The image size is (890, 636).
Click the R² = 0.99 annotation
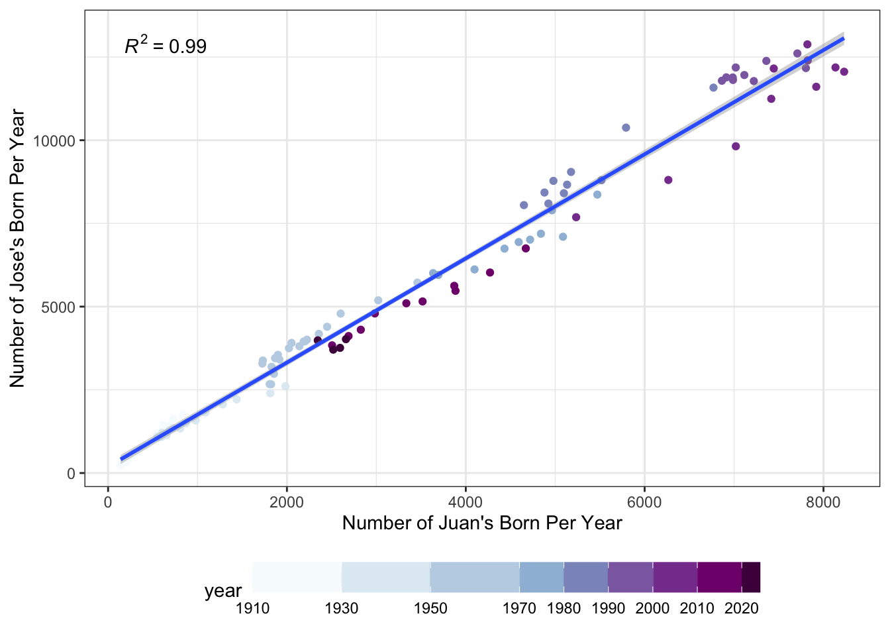click(166, 46)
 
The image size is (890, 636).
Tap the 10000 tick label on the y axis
click(58, 141)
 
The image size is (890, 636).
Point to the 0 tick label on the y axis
click(72, 474)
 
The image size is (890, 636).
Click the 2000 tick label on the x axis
click(287, 502)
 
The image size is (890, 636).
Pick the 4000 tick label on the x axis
click(466, 502)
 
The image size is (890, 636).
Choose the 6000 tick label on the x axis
click(644, 502)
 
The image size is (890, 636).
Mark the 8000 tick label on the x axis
click(823, 502)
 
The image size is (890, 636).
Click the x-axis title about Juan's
click(482, 523)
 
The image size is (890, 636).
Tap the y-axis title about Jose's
click(17, 248)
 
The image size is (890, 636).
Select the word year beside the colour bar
click(223, 590)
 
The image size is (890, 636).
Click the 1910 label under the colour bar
click(252, 608)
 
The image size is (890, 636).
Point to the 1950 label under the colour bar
click(430, 608)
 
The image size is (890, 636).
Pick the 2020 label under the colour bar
click(742, 608)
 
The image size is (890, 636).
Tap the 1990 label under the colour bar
click(609, 608)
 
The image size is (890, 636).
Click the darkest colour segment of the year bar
click(751, 577)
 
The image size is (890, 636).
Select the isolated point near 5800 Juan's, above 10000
click(626, 128)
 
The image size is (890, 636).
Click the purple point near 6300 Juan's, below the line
click(668, 180)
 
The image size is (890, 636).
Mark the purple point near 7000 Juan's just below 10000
click(736, 146)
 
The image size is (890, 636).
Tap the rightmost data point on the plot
click(844, 72)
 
